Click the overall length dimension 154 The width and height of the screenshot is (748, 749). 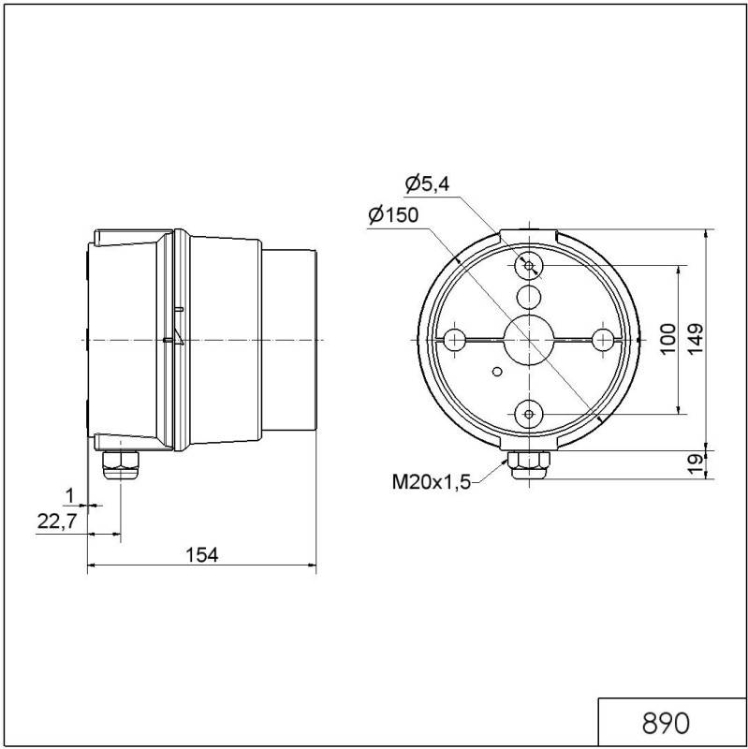[x=200, y=554]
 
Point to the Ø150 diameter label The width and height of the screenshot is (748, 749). [x=393, y=215]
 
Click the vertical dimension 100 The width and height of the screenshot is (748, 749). [x=667, y=339]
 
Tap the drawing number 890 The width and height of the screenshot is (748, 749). [x=665, y=723]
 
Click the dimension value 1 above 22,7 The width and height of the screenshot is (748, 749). [x=68, y=493]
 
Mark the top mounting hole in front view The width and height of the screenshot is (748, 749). [x=529, y=267]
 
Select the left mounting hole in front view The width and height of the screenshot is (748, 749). [x=456, y=339]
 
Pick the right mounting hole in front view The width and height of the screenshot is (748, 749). [x=602, y=339]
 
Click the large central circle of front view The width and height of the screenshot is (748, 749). [x=529, y=339]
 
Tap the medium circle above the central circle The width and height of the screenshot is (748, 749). [x=529, y=299]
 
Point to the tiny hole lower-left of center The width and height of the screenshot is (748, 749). [x=496, y=371]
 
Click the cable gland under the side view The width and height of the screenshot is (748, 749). [x=118, y=463]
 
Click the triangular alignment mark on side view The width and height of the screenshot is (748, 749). [x=171, y=339]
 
